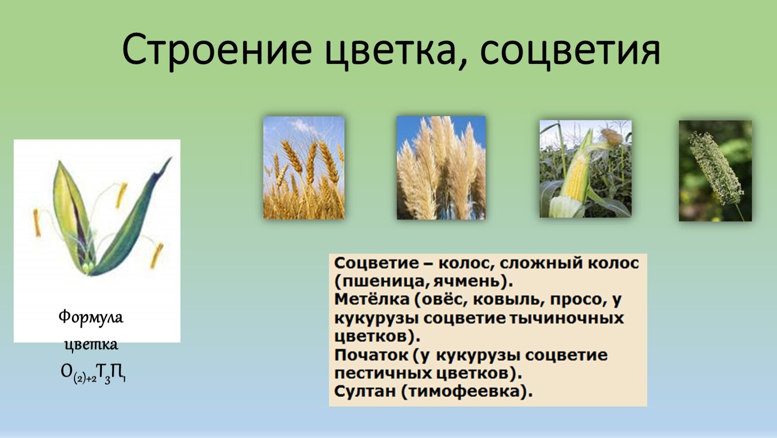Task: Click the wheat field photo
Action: pyautogui.click(x=304, y=168)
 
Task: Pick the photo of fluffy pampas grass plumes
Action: pyautogui.click(x=441, y=168)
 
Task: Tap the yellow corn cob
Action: pyautogui.click(x=574, y=180)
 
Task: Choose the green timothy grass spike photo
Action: pyautogui.click(x=715, y=171)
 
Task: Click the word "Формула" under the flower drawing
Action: pyautogui.click(x=91, y=317)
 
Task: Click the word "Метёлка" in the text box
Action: pyautogui.click(x=372, y=299)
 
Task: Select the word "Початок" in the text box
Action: pyautogui.click(x=372, y=355)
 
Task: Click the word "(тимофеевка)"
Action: pyautogui.click(x=467, y=392)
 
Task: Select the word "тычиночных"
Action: pyautogui.click(x=567, y=318)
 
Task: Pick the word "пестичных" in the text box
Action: pyautogui.click(x=383, y=374)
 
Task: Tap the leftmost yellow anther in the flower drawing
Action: pyautogui.click(x=37, y=223)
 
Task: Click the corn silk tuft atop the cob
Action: pyautogui.click(x=612, y=137)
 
